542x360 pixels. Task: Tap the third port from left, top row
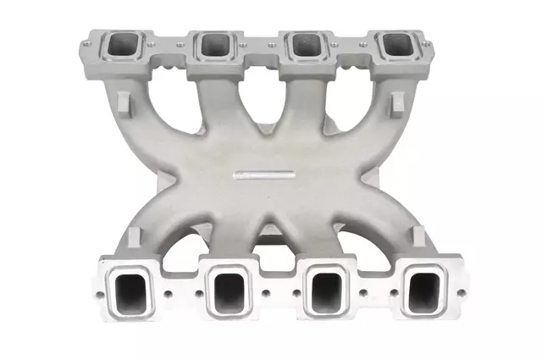click(302, 44)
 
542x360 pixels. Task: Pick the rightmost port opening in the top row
click(394, 44)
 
